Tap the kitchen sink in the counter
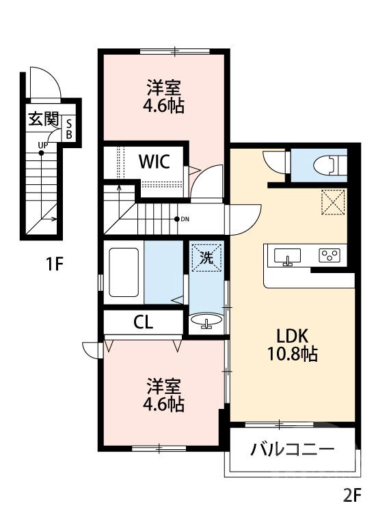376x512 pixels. pos(287,257)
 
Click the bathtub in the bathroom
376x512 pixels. pos(124,272)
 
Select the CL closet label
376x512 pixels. pos(143,323)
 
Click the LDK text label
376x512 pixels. pos(293,336)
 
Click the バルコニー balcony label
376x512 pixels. pos(292,450)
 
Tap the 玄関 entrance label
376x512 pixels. pos(42,120)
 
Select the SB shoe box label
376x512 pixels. pos(69,128)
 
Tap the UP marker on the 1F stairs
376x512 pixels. pos(42,145)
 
